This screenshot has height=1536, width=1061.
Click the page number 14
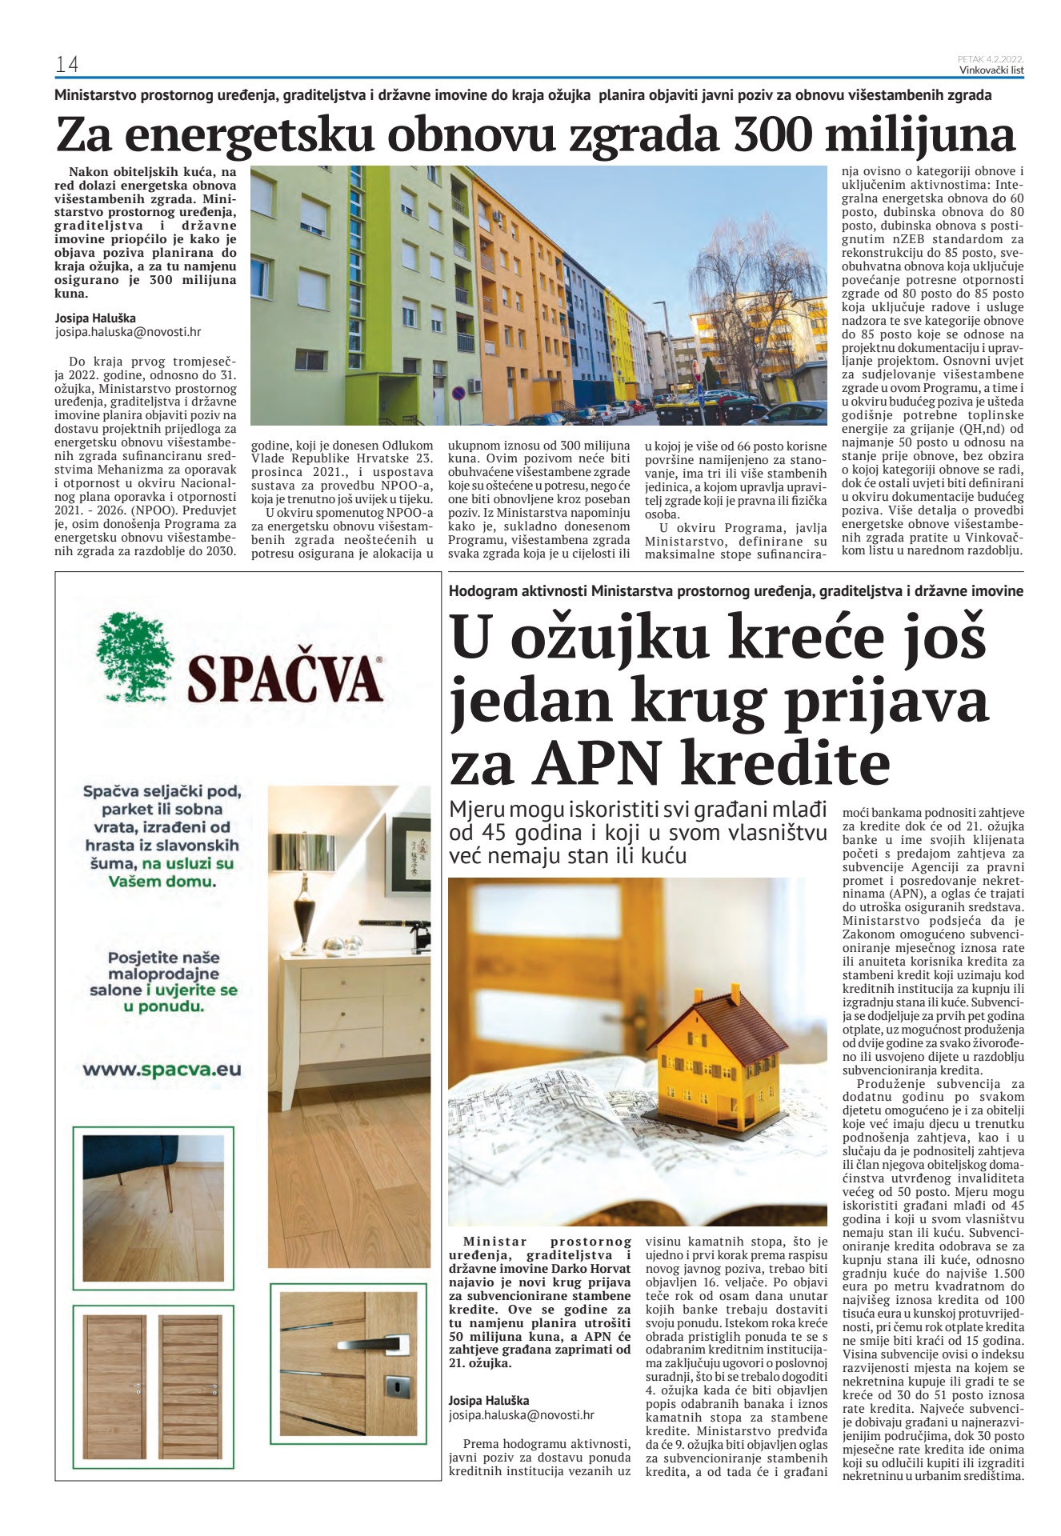coord(66,64)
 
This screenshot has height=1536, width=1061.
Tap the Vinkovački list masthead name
coord(991,70)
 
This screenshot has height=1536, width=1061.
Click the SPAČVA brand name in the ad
coord(284,678)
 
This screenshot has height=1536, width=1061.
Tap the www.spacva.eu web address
coord(162,1070)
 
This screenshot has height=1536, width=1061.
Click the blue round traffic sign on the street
coord(458,394)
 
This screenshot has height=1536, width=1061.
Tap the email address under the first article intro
coord(128,332)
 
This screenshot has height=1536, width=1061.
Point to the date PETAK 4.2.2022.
coord(991,59)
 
